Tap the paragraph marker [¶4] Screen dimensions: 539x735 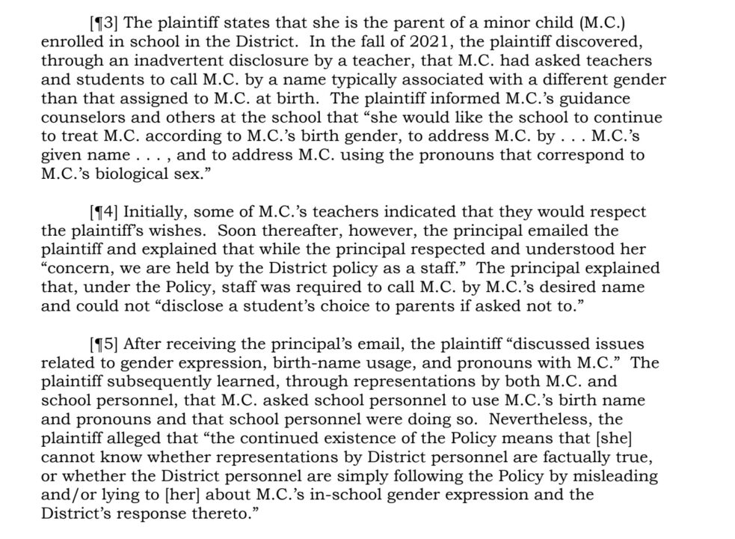pyautogui.click(x=102, y=212)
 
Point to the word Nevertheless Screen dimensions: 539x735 pyautogui.click(x=561, y=421)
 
